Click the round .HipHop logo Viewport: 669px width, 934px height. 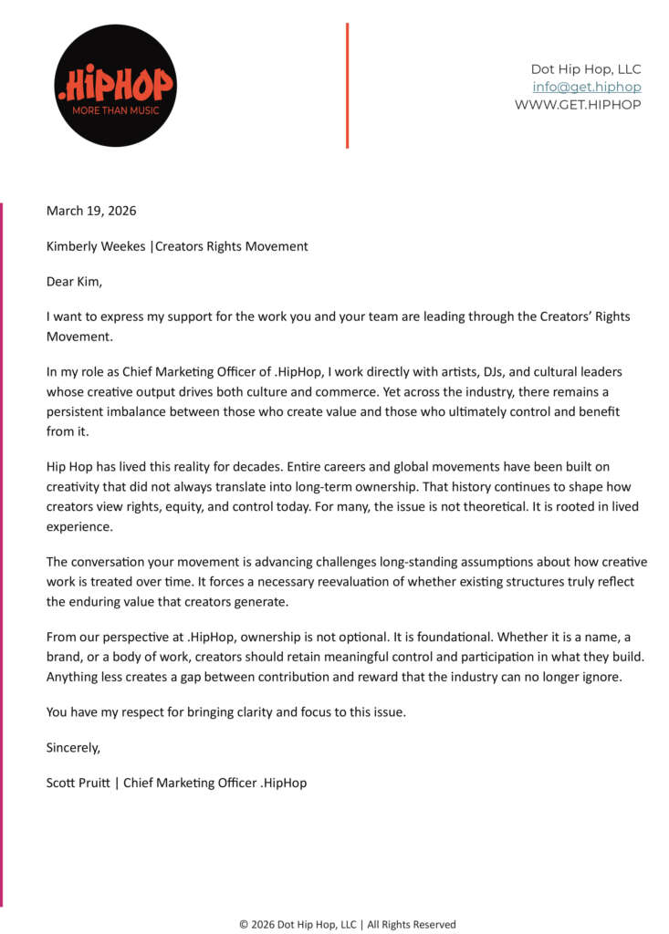(114, 85)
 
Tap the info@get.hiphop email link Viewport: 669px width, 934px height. (586, 88)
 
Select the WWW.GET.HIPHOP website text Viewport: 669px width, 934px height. (577, 105)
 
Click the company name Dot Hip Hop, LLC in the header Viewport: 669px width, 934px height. (585, 69)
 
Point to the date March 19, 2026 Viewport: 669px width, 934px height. (91, 211)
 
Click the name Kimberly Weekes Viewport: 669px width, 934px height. (96, 246)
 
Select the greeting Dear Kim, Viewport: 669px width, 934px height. (75, 282)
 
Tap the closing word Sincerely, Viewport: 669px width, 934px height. (73, 748)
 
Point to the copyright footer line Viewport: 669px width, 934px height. (347, 924)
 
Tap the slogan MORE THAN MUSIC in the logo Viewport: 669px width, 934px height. (115, 110)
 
